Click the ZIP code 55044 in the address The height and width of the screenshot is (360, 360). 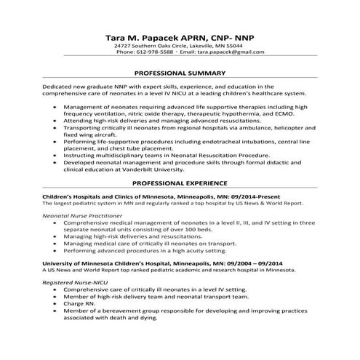(234, 46)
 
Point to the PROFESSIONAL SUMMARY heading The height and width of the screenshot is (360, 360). (180, 73)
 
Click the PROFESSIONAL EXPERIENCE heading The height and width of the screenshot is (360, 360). (180, 185)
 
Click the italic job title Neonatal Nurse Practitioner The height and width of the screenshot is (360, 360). (81, 216)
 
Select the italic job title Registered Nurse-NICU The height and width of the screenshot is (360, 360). (71, 280)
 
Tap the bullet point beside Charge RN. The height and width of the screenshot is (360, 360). (57, 303)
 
